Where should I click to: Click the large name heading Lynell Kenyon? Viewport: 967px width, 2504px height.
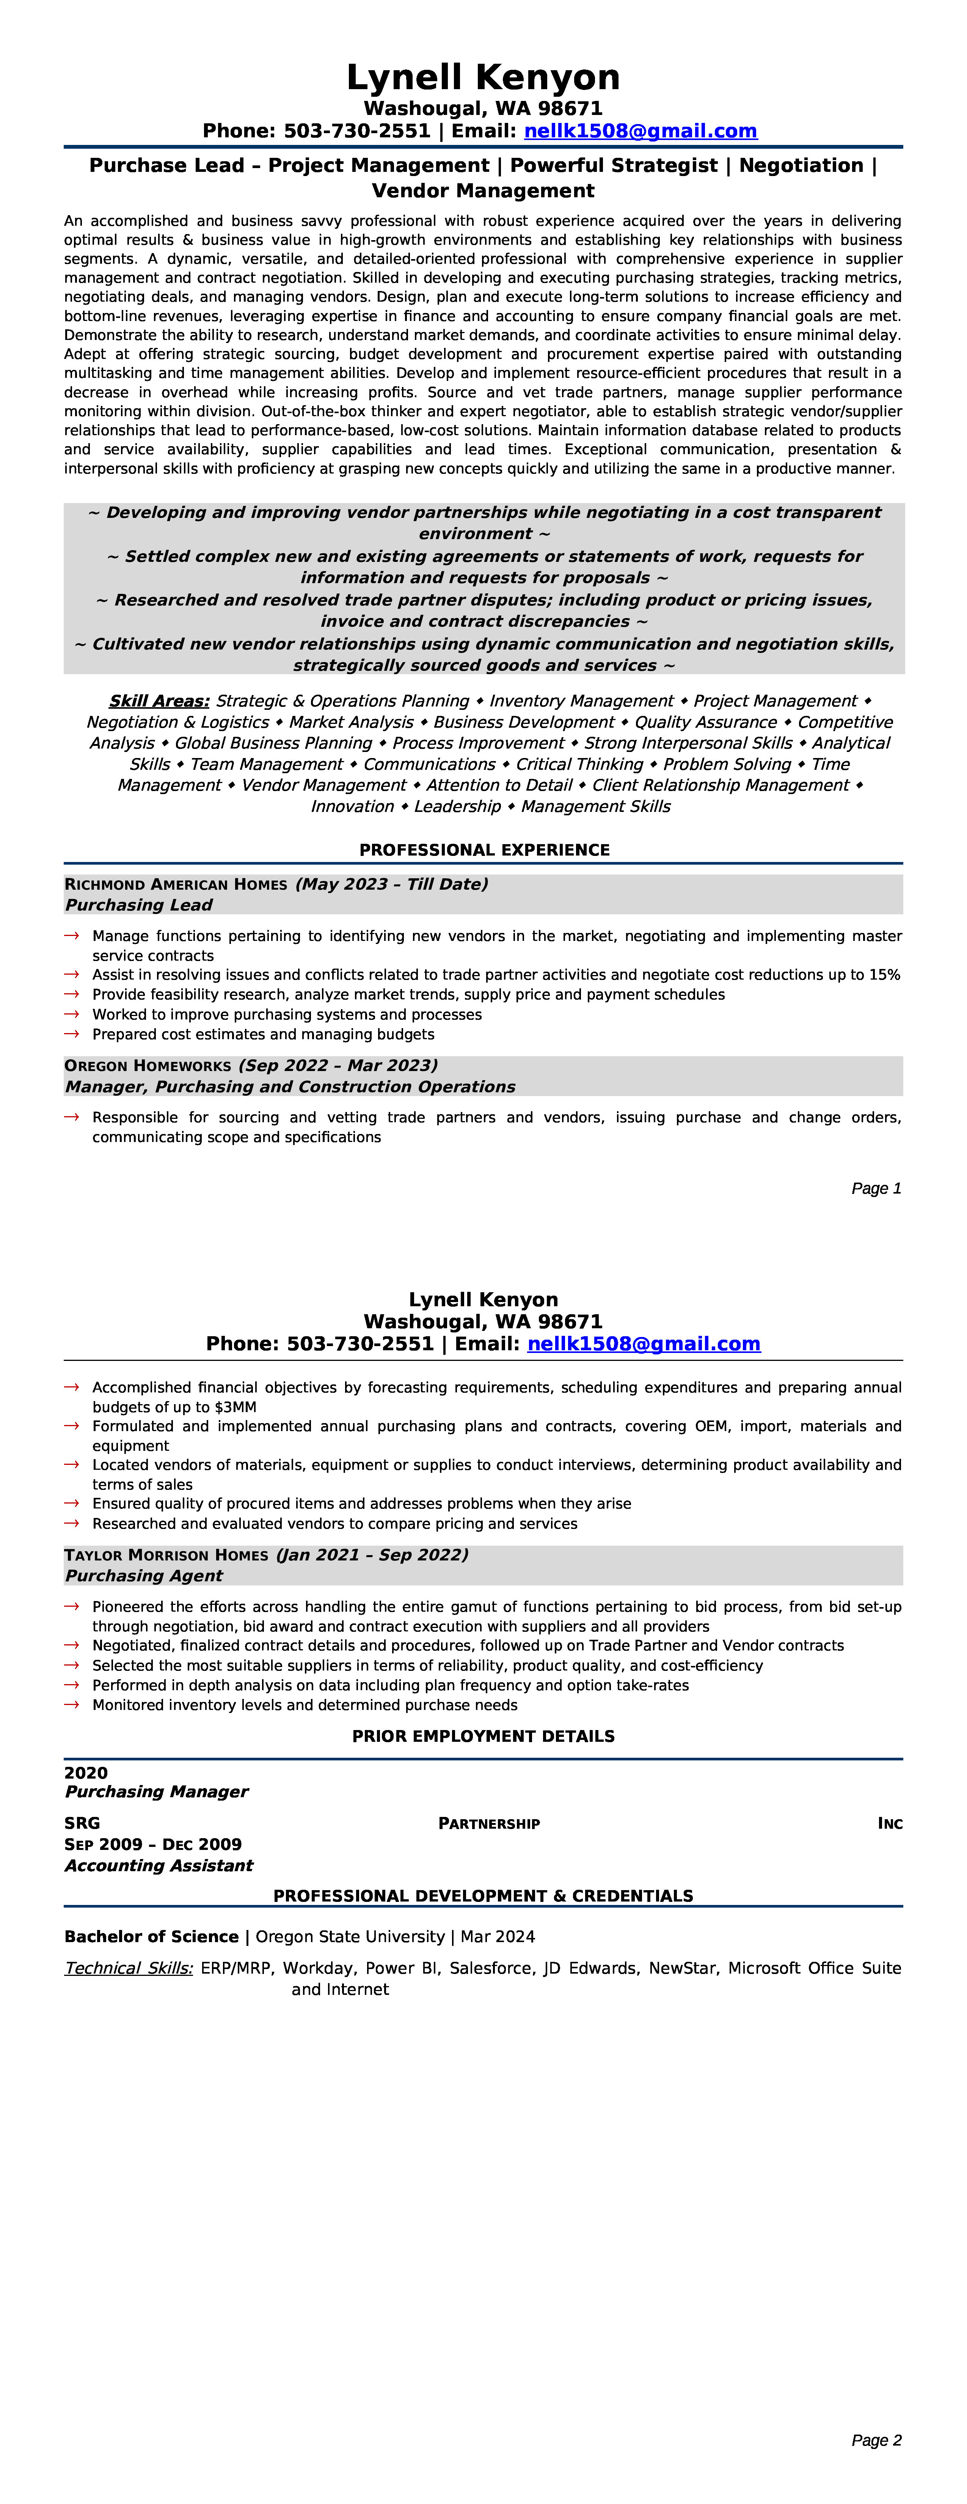(x=483, y=78)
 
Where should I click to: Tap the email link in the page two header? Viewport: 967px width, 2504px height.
(x=644, y=1344)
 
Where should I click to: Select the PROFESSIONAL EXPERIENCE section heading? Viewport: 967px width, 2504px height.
(x=484, y=851)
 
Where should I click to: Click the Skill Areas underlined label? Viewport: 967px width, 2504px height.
(x=159, y=701)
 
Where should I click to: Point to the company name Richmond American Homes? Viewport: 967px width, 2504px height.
(x=176, y=885)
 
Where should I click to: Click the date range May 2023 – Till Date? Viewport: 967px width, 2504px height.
(x=392, y=885)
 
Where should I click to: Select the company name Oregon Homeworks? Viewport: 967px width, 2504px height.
(x=148, y=1066)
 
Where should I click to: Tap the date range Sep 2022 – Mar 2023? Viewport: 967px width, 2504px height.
(x=338, y=1066)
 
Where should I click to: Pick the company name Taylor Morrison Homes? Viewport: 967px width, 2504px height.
(x=166, y=1555)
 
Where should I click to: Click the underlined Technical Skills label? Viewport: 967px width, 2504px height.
(x=128, y=1968)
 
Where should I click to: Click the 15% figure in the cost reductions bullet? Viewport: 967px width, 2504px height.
(x=884, y=975)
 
